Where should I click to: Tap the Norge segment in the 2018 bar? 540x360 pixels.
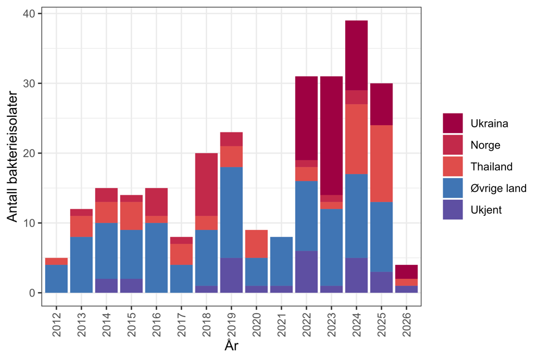[x=206, y=184]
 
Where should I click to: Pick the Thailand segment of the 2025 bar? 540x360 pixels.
[x=381, y=164]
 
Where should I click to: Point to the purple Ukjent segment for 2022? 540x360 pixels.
[x=306, y=272]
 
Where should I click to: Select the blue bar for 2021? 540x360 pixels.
[x=281, y=262]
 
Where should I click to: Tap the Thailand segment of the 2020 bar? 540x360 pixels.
[x=256, y=244]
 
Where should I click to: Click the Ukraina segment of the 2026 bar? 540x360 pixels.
[x=406, y=272]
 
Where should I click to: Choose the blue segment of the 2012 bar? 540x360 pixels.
[x=56, y=278]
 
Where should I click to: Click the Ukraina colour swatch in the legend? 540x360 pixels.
[x=453, y=124]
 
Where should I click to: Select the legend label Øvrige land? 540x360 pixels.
[x=498, y=188]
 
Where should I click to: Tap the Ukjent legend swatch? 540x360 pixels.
[x=453, y=210]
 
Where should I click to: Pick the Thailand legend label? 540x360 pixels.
[x=491, y=166]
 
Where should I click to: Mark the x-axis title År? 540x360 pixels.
[x=232, y=346]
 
